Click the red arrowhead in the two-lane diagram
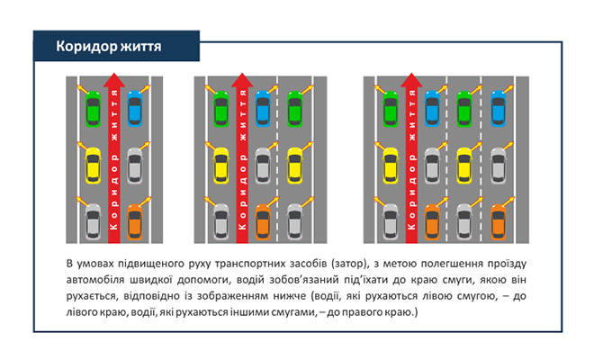pos(113,82)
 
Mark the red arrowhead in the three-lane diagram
pos(241,82)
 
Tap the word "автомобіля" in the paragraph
pos(97,280)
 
